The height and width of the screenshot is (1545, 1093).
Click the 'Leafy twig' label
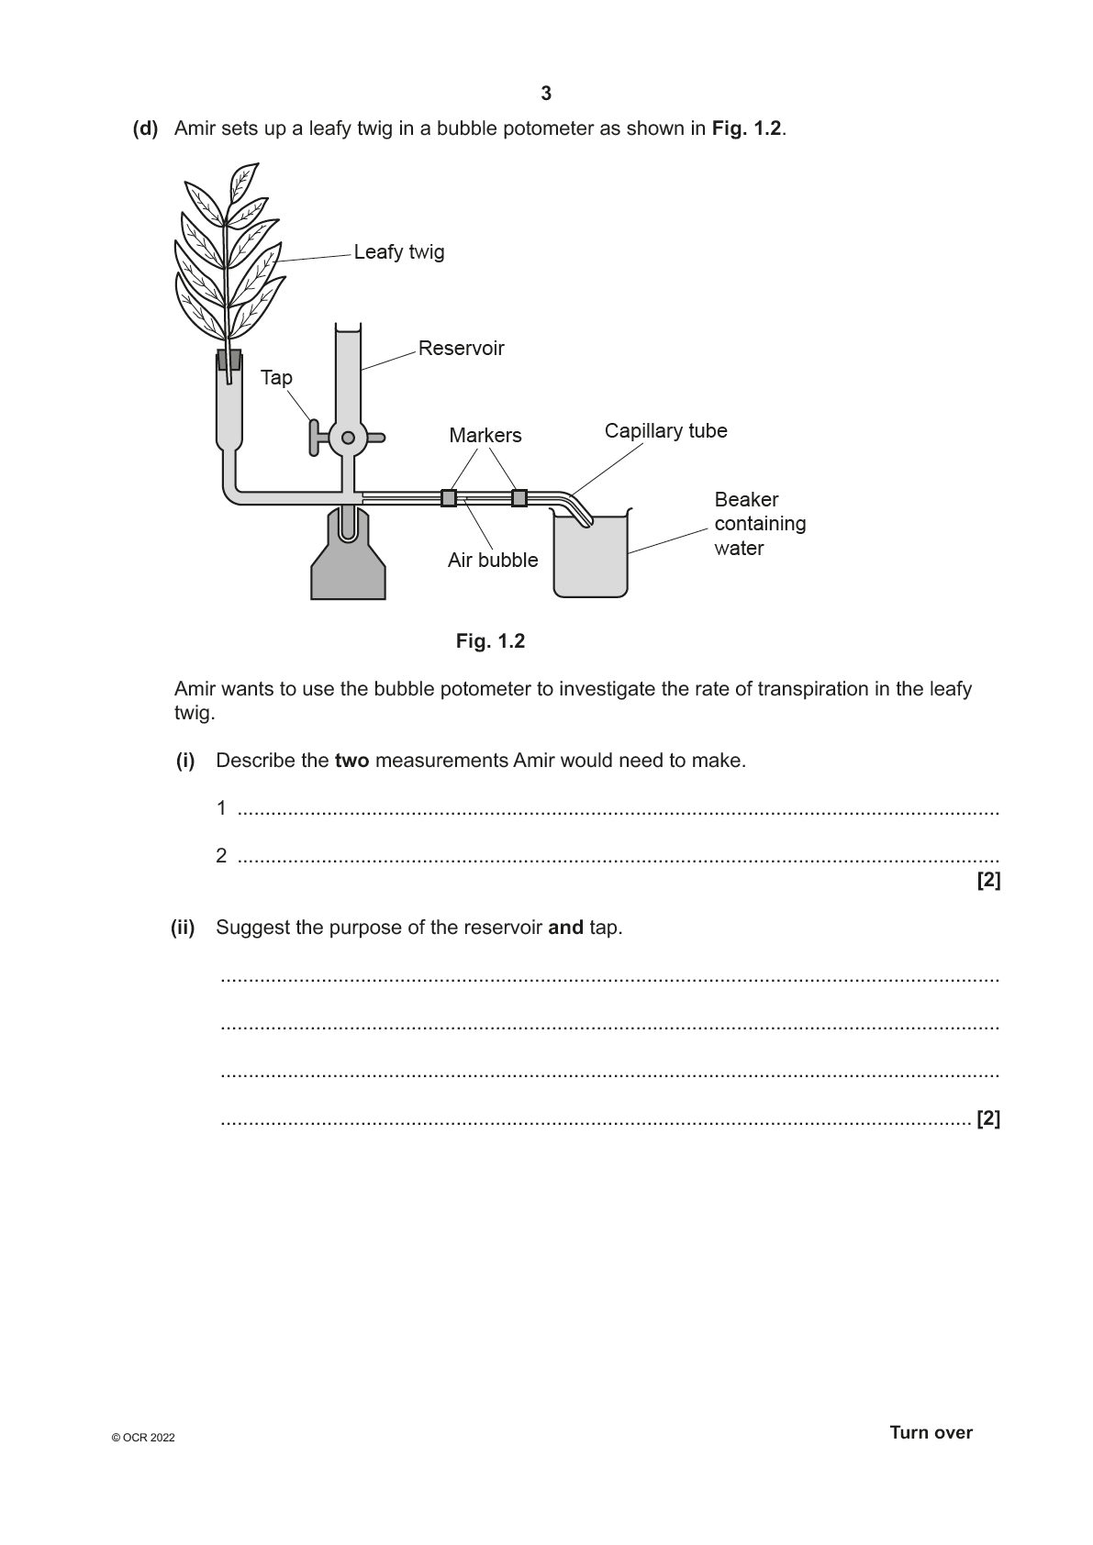click(x=398, y=252)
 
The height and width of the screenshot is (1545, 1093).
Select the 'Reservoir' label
click(x=461, y=349)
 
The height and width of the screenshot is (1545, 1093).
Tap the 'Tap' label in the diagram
click(x=276, y=378)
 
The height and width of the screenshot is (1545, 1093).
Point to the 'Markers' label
click(x=485, y=436)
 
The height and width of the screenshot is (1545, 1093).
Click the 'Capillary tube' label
click(x=665, y=431)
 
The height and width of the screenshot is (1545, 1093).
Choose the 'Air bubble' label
click(x=493, y=561)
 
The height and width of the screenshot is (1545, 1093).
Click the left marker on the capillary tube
click(x=449, y=498)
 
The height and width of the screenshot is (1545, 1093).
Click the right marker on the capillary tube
click(x=519, y=498)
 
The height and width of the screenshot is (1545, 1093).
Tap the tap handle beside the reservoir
click(x=315, y=438)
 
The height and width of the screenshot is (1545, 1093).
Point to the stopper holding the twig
click(x=229, y=359)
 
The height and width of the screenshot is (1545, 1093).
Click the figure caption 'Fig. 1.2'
click(x=490, y=641)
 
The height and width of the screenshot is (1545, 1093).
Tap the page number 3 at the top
click(x=546, y=94)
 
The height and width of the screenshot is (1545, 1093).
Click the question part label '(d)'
click(x=145, y=128)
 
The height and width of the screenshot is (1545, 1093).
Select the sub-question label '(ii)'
click(x=183, y=928)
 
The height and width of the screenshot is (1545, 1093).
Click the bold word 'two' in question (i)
click(x=351, y=761)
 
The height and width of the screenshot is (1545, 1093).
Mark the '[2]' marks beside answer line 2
click(x=988, y=881)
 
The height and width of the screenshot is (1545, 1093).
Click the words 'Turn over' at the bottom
click(x=931, y=1433)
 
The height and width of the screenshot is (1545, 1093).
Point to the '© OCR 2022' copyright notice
click(x=142, y=1438)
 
